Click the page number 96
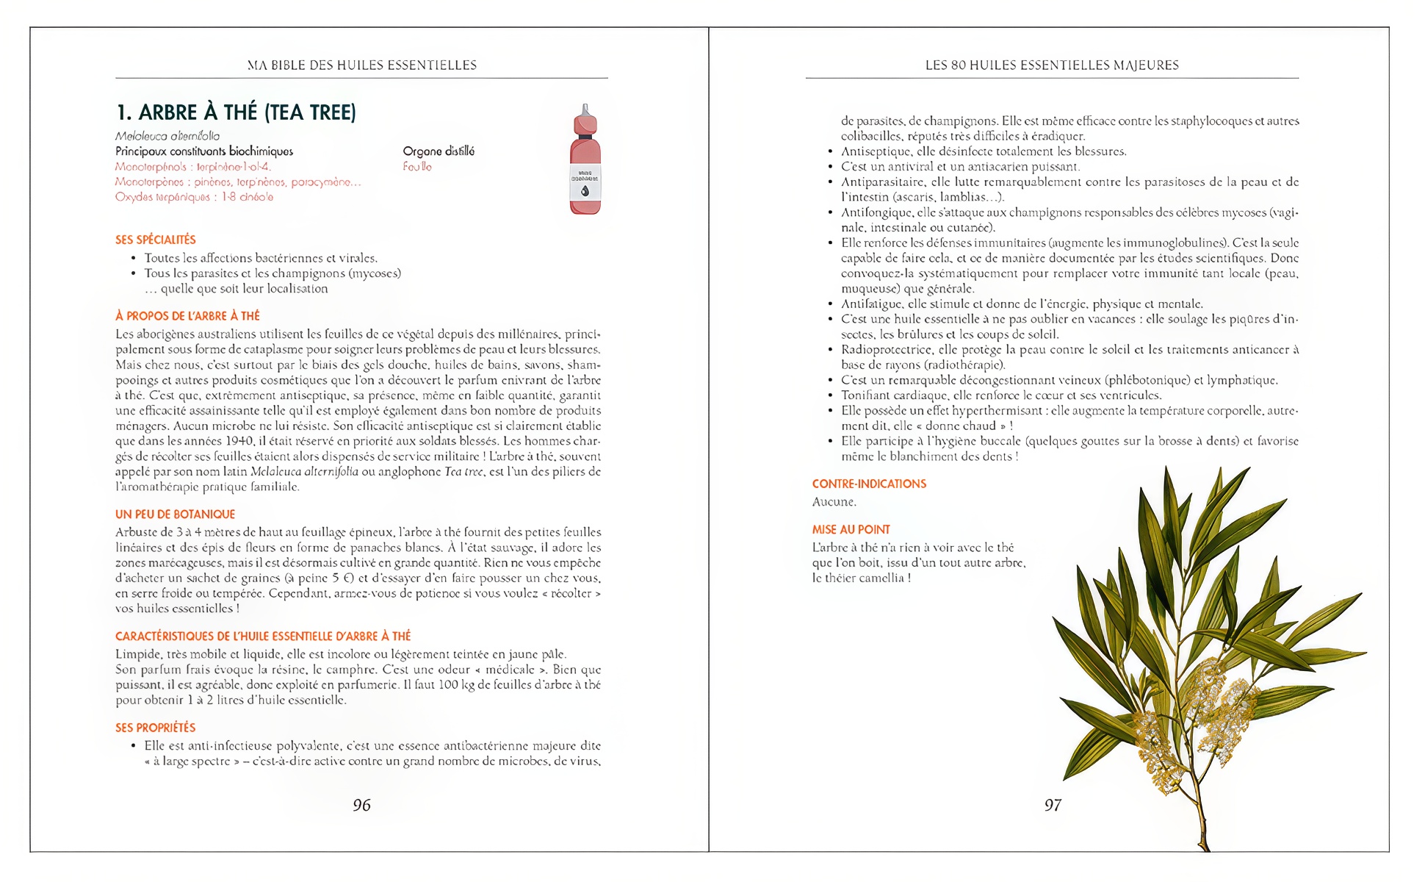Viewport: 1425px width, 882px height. coord(361,806)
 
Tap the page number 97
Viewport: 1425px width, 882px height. coord(1053,806)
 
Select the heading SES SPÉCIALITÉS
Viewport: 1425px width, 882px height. coord(156,240)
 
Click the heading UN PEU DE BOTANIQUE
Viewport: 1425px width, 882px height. coord(175,514)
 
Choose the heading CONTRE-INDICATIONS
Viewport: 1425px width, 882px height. coord(869,484)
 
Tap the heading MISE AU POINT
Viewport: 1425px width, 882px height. coord(851,529)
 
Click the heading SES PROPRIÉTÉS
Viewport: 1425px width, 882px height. coord(155,728)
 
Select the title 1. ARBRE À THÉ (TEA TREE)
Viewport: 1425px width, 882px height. coord(236,112)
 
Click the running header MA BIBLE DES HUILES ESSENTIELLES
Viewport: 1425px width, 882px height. coord(361,65)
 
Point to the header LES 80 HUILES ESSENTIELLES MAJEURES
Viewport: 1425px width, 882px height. coord(1052,65)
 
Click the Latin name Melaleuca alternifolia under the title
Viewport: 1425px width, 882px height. coord(167,136)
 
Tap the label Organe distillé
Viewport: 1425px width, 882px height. coord(439,151)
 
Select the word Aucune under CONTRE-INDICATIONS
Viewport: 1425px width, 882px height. coord(834,502)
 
